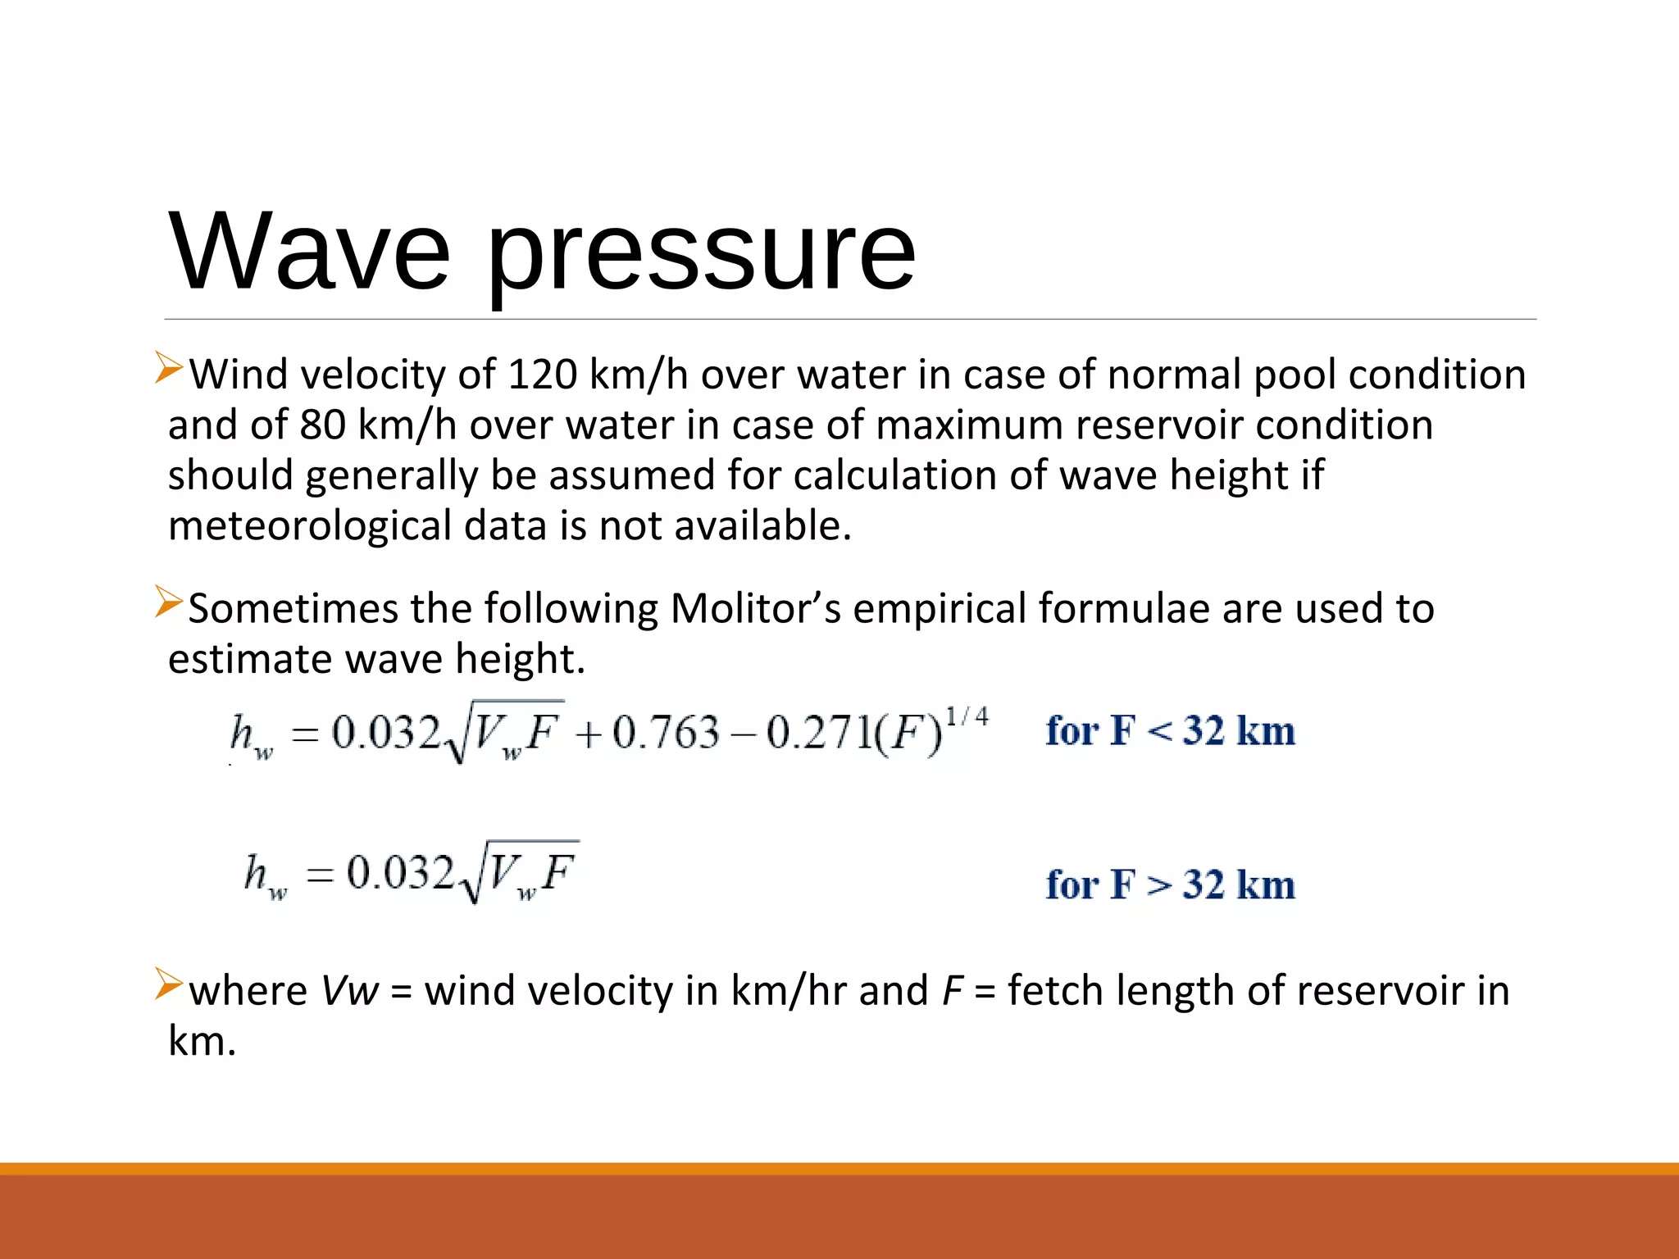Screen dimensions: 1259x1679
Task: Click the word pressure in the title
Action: [x=701, y=254]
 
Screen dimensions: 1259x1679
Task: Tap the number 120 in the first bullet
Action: [x=543, y=375]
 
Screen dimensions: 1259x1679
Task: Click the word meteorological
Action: [x=310, y=526]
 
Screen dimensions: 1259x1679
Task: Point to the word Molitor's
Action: [x=755, y=609]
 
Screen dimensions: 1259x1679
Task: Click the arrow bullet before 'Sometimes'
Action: [x=169, y=602]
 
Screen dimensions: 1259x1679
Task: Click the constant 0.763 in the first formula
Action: [x=666, y=732]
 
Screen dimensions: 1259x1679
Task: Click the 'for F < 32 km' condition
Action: [x=1170, y=730]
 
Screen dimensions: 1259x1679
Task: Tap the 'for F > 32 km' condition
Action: [x=1170, y=884]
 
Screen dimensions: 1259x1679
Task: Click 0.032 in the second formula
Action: [x=400, y=872]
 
